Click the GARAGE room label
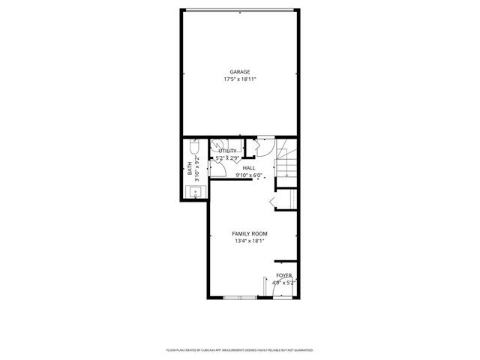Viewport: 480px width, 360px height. [x=240, y=72]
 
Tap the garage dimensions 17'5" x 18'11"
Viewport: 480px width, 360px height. [x=240, y=79]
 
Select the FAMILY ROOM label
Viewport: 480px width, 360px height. [x=250, y=234]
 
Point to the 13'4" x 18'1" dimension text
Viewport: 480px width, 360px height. [x=250, y=241]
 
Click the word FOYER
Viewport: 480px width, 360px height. [x=284, y=275]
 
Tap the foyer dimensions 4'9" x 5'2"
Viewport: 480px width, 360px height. [x=284, y=283]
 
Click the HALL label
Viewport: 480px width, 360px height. [x=249, y=168]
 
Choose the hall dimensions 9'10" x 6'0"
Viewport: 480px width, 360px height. [x=249, y=175]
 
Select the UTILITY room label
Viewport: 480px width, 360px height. [x=228, y=151]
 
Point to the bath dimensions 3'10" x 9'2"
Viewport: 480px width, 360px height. [x=197, y=169]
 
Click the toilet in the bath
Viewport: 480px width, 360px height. [x=195, y=146]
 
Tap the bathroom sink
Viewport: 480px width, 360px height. [x=194, y=193]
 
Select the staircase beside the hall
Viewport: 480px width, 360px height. [x=288, y=160]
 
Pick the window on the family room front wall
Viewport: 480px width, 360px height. [x=240, y=298]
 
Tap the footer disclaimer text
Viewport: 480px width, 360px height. [x=240, y=349]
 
